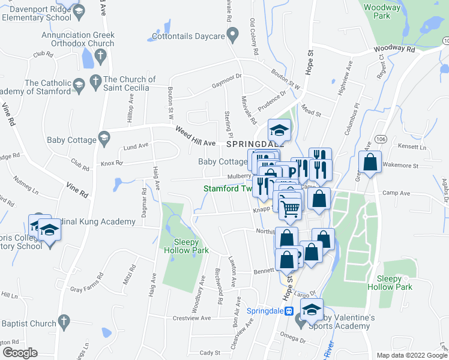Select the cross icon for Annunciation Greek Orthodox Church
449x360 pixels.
point(100,56)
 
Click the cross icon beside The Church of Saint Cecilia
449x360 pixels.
point(95,80)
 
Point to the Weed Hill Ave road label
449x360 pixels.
point(195,136)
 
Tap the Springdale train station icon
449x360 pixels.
point(288,311)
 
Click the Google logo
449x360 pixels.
point(20,352)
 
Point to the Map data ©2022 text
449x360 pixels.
point(406,355)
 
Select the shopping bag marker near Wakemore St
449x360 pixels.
point(370,161)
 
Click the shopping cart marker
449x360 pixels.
point(291,208)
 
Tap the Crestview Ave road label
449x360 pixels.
point(191,318)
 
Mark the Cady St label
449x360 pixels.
point(210,353)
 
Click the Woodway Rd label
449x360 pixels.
point(393,50)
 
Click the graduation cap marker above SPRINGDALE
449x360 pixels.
point(279,130)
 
